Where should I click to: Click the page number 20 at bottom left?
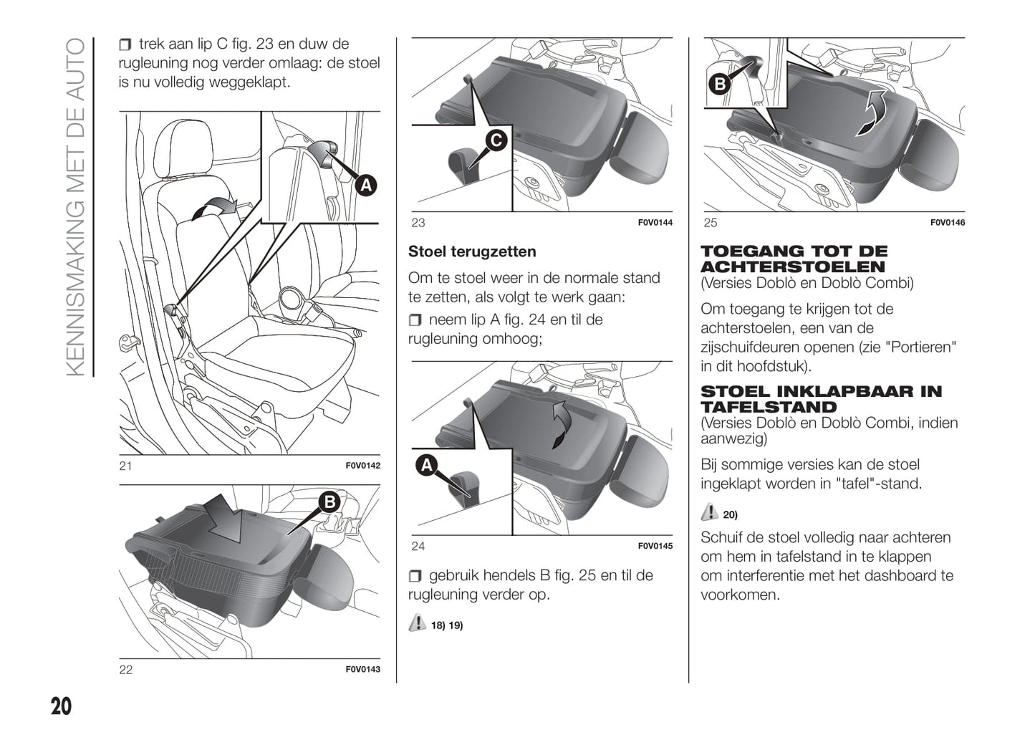point(62,706)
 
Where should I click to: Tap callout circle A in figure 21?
point(366,186)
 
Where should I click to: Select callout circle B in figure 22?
point(329,502)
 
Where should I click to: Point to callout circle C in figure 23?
point(496,140)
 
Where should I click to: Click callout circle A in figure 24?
point(427,466)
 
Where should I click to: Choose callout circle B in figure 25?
point(719,84)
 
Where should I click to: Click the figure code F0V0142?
point(362,466)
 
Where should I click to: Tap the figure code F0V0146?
point(947,223)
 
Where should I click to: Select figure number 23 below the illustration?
point(418,223)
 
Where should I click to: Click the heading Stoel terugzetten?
point(472,252)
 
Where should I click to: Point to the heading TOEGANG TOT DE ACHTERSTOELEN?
point(794,259)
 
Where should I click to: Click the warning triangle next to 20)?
point(709,512)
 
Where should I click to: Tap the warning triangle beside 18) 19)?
point(417,623)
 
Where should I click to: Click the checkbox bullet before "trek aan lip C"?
point(125,45)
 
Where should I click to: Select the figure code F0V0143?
point(362,670)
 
